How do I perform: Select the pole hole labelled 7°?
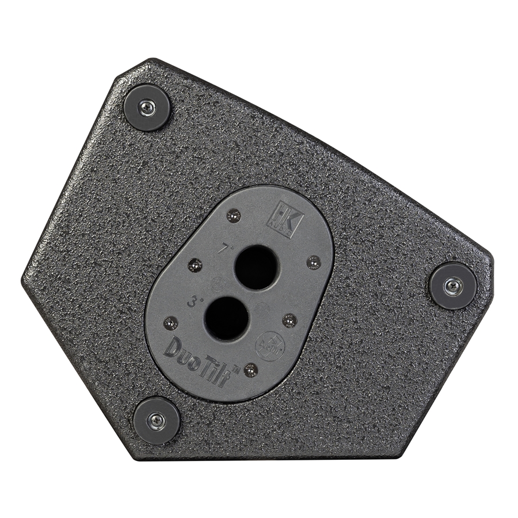click(x=256, y=267)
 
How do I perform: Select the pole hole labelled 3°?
click(x=227, y=318)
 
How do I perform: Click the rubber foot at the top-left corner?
click(x=147, y=107)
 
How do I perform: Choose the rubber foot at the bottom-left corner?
click(x=156, y=420)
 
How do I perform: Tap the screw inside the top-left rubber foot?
click(x=147, y=107)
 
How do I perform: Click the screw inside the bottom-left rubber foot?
click(x=156, y=420)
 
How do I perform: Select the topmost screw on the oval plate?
click(x=233, y=215)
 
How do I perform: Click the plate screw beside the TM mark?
click(x=250, y=370)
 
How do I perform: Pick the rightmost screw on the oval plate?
click(x=314, y=262)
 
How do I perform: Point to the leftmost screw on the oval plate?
click(x=170, y=323)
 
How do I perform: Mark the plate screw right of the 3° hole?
click(x=290, y=320)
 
